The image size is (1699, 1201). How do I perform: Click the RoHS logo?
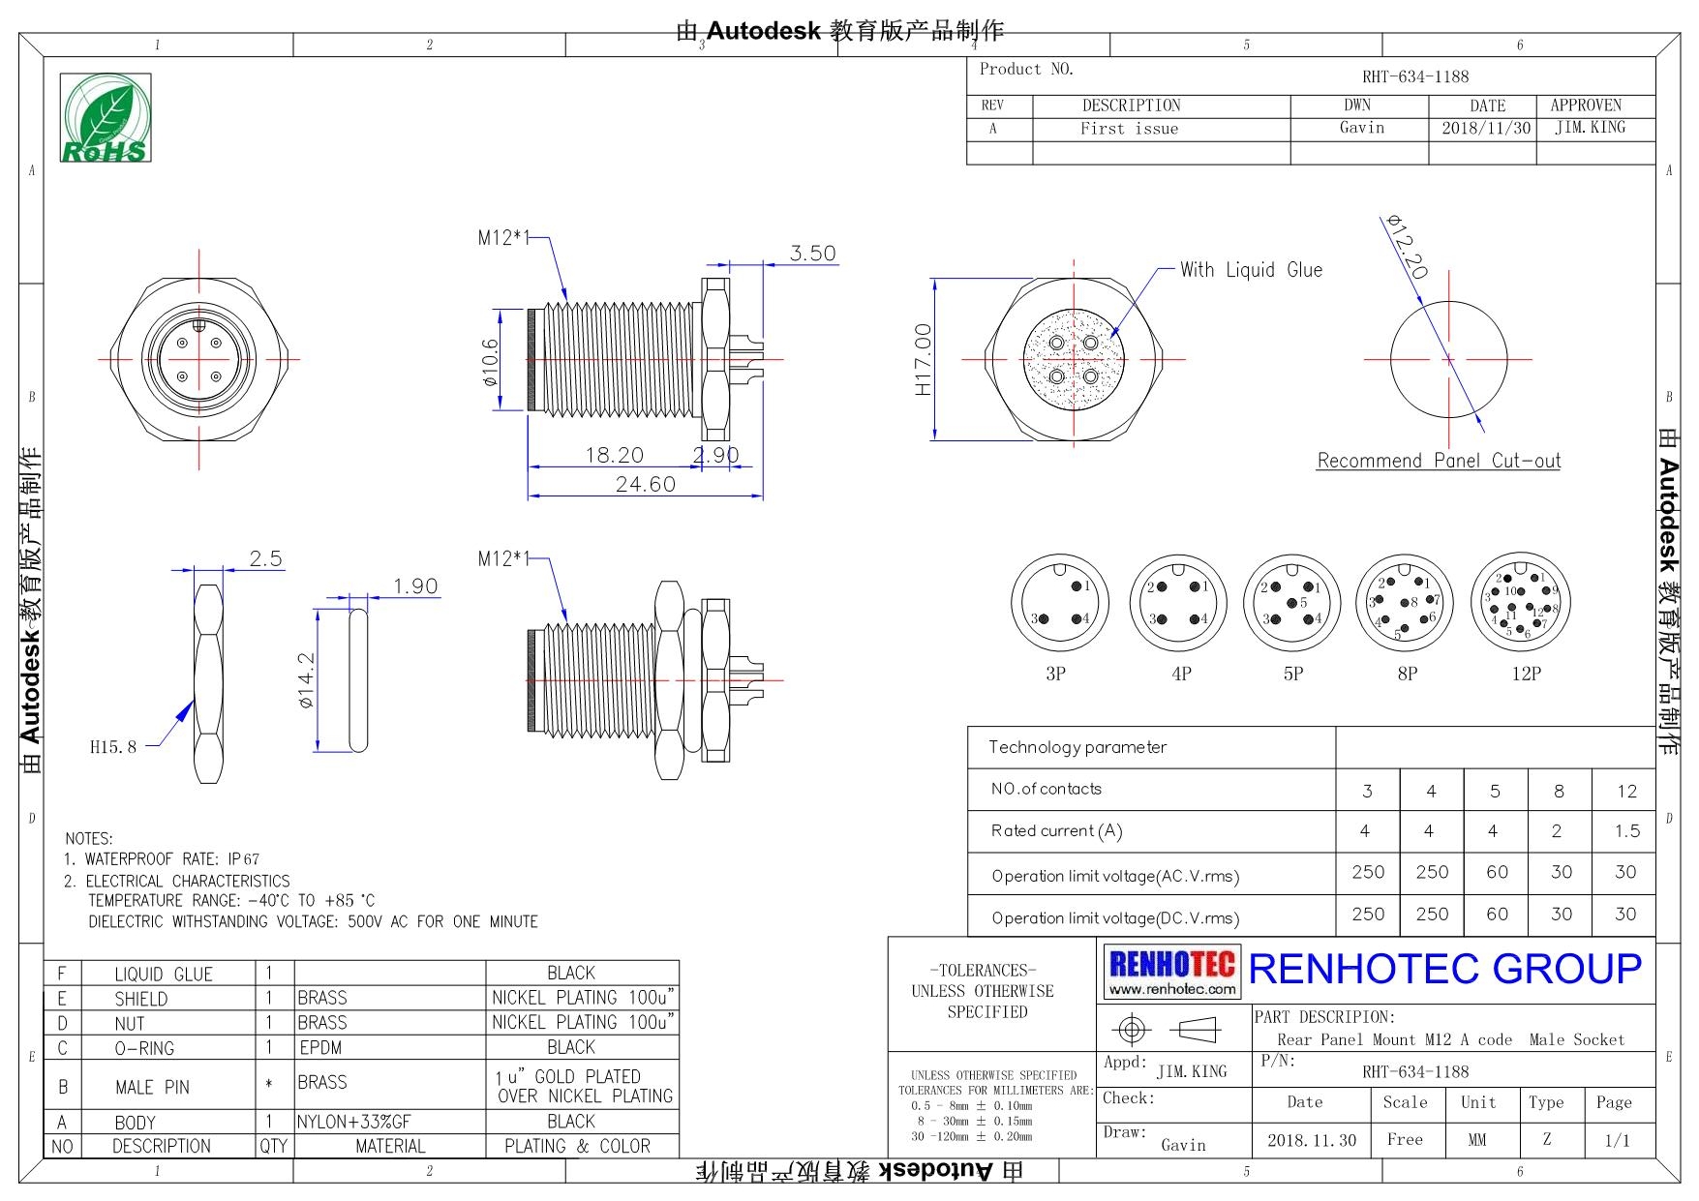(105, 117)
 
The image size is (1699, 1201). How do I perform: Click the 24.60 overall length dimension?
(645, 484)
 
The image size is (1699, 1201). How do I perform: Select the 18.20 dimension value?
(614, 455)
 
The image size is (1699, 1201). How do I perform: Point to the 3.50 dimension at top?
(812, 254)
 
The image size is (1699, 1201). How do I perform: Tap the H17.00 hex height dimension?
(923, 359)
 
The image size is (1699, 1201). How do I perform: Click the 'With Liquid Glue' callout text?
(1250, 270)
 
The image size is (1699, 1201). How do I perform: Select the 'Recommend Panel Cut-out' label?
(1438, 461)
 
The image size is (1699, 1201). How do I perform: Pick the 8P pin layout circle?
(1405, 605)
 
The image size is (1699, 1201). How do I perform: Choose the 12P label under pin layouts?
(1526, 674)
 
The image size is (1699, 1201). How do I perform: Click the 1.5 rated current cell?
(1626, 830)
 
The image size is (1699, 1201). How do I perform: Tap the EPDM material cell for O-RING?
(320, 1047)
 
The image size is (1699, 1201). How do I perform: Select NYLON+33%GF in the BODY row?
(354, 1122)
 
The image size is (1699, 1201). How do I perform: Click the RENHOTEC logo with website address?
(1171, 972)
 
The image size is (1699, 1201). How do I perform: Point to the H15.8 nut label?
(113, 746)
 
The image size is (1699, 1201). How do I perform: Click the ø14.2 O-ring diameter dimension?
(306, 679)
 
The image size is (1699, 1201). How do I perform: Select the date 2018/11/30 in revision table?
(1485, 128)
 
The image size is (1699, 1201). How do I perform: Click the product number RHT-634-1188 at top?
(1414, 76)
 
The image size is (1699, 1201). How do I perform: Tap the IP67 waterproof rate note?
(244, 859)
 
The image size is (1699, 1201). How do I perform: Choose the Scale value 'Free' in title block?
(1404, 1139)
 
